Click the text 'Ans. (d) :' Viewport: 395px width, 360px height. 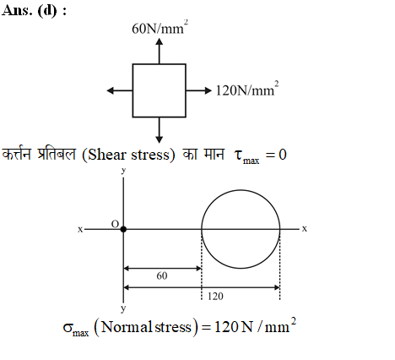point(34,11)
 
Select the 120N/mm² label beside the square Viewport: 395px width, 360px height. point(247,90)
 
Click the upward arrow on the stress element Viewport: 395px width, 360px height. point(160,51)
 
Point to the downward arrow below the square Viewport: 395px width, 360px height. point(160,130)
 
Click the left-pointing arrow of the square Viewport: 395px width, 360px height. point(120,90)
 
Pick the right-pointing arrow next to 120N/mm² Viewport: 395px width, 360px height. point(198,90)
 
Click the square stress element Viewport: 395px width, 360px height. point(160,90)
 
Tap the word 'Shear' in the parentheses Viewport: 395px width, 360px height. point(106,155)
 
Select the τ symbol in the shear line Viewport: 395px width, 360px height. point(238,155)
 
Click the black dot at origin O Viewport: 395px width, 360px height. point(123,229)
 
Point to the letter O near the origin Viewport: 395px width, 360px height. point(115,224)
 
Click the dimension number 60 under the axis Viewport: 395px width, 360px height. point(162,275)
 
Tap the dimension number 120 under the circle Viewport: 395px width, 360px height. point(215,297)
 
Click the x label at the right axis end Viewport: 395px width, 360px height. point(305,229)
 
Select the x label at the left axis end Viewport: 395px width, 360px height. point(80,230)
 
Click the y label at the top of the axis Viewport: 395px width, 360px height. point(123,171)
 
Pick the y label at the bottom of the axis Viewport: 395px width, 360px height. point(123,308)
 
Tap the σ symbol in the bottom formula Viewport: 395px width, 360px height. point(68,328)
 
